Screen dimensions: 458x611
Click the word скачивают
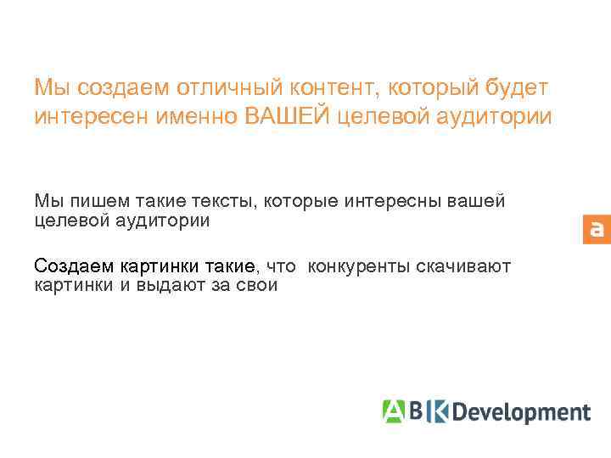pos(463,266)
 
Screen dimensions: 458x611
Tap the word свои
pos(256,285)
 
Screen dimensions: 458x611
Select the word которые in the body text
pos(300,201)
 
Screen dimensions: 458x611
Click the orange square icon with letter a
pos(597,229)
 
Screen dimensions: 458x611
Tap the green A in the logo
pos(393,411)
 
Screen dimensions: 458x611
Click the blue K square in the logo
pos(438,411)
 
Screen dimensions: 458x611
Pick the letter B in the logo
pos(415,411)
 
